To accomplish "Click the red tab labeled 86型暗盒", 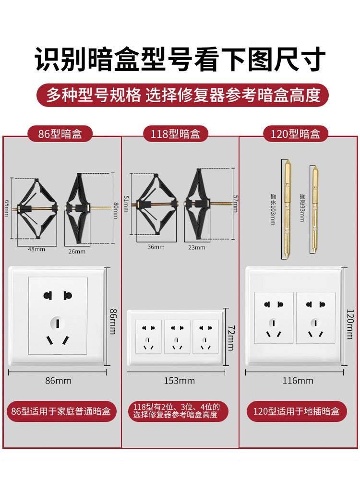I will (60, 134).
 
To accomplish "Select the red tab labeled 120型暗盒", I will (296, 134).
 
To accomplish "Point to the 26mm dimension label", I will (76, 251).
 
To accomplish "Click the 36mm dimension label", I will (156, 247).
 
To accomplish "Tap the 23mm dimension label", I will (197, 247).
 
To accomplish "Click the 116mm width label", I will (297, 381).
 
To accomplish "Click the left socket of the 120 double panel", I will (274, 317).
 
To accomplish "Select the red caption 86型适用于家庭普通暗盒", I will (61, 411).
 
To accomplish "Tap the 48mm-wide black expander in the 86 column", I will (36, 208).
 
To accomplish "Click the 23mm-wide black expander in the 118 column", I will (197, 204).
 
